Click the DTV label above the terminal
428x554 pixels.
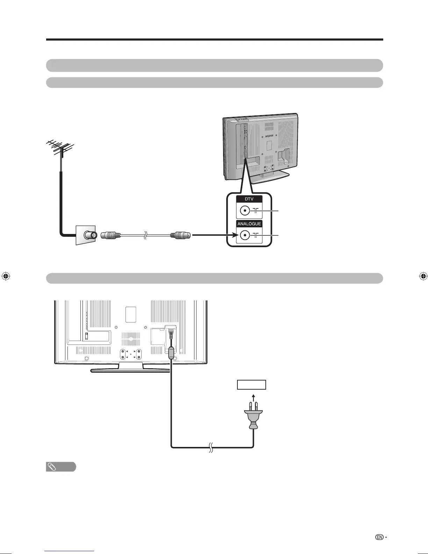click(249, 199)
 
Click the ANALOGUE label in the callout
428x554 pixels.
click(249, 224)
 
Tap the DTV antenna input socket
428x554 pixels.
click(245, 211)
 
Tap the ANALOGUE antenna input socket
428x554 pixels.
click(245, 235)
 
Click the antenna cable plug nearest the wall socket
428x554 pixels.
click(110, 235)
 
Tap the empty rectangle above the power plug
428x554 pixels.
click(251, 385)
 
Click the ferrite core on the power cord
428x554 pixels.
click(171, 352)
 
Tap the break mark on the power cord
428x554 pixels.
click(211, 447)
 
